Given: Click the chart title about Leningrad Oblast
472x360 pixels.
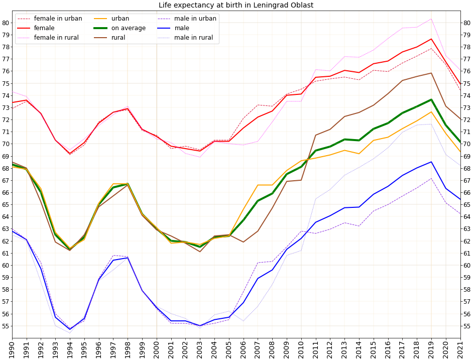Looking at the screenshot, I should click(x=235, y=6).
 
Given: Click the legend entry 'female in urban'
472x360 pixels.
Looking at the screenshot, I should click(x=58, y=19).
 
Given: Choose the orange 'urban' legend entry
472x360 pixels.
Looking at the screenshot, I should click(x=121, y=19).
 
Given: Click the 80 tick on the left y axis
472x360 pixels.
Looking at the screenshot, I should click(x=6, y=23).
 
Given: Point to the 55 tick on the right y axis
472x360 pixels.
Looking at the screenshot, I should click(x=466, y=326).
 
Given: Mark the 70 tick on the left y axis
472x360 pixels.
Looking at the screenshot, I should click(x=6, y=144).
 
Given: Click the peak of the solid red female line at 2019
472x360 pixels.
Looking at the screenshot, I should click(x=431, y=39).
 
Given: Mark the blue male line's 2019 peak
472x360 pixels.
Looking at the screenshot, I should click(x=431, y=162).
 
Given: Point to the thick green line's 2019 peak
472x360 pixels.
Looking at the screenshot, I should click(x=431, y=99).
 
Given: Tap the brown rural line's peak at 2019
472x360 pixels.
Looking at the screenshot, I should click(x=431, y=73).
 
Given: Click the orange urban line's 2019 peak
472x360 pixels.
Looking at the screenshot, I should click(x=431, y=111).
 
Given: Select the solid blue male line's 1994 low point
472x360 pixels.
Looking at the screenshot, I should click(x=70, y=329).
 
